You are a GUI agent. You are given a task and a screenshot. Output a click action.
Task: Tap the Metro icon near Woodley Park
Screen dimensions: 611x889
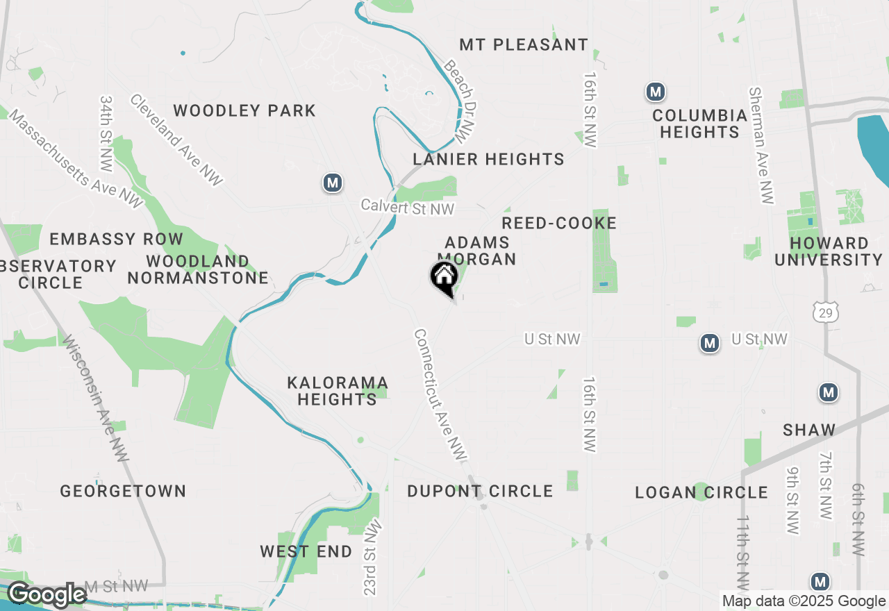(333, 183)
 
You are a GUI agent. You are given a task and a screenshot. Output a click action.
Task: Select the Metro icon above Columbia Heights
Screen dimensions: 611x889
(655, 92)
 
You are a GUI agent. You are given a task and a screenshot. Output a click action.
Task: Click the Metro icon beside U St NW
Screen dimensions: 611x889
(709, 343)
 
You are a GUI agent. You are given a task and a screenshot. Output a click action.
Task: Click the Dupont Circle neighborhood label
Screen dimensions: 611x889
(480, 491)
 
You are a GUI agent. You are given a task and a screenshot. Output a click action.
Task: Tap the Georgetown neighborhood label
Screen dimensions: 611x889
(123, 491)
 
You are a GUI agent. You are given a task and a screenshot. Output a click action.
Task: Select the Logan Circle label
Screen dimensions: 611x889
(701, 492)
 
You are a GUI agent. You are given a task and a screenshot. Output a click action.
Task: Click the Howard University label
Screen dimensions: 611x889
(828, 251)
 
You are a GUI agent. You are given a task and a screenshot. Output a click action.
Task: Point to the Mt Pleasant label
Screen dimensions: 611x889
(524, 44)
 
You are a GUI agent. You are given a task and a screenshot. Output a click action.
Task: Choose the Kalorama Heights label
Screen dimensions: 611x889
(338, 391)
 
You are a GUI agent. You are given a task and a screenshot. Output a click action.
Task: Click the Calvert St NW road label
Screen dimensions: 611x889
(407, 208)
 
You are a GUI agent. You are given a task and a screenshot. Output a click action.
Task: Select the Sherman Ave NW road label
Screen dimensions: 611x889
(761, 146)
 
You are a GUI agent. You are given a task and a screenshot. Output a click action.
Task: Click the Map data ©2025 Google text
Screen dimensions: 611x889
(804, 601)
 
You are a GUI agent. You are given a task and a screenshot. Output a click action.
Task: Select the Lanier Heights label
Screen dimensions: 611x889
(488, 159)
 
